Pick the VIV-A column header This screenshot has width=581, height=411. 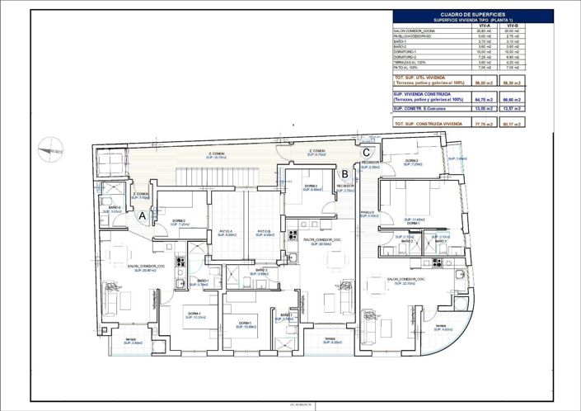click(x=485, y=26)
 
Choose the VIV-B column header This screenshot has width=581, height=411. click(x=511, y=26)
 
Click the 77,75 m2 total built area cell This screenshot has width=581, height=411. click(x=485, y=124)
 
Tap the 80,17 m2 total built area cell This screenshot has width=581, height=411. click(x=511, y=124)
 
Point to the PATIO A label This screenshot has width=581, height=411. click(x=227, y=232)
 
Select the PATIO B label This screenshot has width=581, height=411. click(x=265, y=232)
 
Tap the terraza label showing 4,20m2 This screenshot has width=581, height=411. click(x=329, y=339)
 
